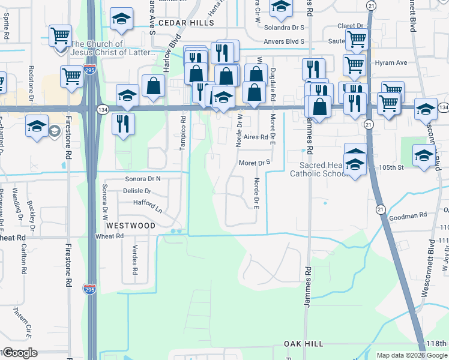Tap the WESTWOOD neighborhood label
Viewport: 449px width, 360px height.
pos(130,226)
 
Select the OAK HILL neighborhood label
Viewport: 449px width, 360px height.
pos(304,344)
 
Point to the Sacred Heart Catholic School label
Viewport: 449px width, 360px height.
pos(318,169)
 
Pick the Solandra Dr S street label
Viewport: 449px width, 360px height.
pos(285,28)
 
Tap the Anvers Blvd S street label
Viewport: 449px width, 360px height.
pos(285,42)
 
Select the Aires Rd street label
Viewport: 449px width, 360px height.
pos(255,137)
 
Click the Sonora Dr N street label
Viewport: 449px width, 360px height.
pos(143,179)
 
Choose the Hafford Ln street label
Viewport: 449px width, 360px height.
pos(148,203)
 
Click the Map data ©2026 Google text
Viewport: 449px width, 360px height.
pos(411,355)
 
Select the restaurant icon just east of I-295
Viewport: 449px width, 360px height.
pos(123,124)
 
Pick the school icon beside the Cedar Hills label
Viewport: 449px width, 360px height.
pos(122,20)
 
